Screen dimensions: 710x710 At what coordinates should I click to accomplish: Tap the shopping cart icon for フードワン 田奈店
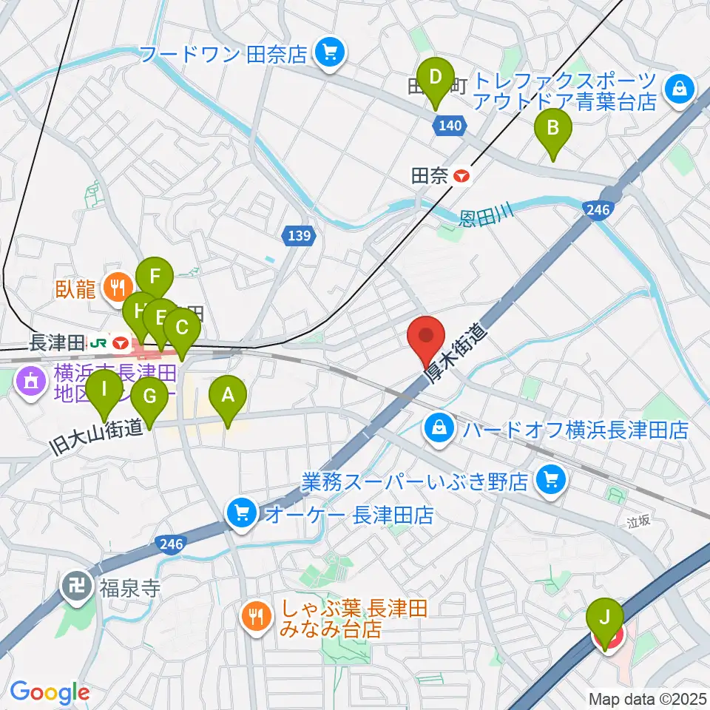[x=327, y=52]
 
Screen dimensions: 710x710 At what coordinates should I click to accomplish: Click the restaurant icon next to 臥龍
[x=117, y=285]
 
